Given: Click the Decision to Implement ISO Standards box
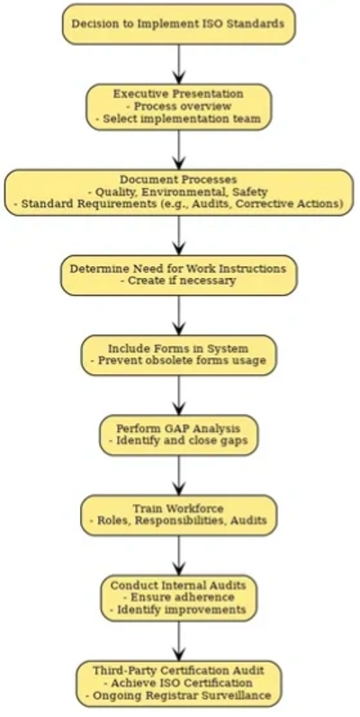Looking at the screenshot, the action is coord(179,24).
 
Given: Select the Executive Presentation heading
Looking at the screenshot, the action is coord(178,94).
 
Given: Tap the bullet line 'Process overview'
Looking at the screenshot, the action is coord(178,106).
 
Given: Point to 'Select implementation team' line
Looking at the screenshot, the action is coord(178,119).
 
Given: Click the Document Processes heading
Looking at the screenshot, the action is coord(178,180).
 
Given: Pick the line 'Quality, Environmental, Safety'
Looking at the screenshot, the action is coord(178,192).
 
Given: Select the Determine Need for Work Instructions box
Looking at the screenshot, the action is coord(179,274).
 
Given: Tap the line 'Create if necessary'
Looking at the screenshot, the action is coord(178,281).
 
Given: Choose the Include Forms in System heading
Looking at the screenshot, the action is coord(178,348).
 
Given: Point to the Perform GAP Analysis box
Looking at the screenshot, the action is coord(179,435).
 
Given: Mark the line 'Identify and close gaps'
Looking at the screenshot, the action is coord(179,441).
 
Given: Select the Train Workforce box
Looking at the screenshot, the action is coord(179,515).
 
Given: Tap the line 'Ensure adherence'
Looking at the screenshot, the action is coord(178,597).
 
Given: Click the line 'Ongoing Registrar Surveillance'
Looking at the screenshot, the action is coord(178,695).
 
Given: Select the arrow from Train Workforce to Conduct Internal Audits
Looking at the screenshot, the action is coord(179,555).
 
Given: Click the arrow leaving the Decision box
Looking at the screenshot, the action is coord(179,65).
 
